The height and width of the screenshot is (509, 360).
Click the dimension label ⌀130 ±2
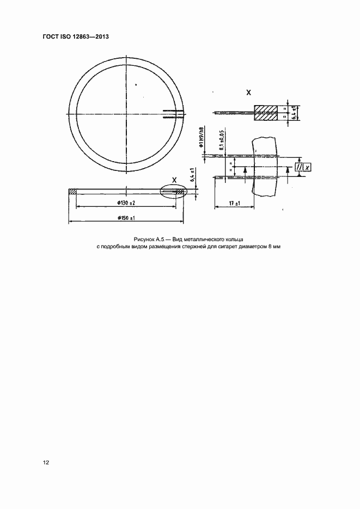click(125, 203)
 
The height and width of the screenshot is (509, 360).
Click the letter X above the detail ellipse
click(174, 180)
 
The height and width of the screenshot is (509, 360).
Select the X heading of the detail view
click(249, 93)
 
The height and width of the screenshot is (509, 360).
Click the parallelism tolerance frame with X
click(303, 167)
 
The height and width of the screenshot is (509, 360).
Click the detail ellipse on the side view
click(173, 192)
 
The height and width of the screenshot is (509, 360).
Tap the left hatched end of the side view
click(72, 191)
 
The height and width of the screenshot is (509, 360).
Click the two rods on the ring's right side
click(172, 114)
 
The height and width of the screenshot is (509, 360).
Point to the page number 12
click(46, 462)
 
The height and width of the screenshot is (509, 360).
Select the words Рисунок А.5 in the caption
click(147, 240)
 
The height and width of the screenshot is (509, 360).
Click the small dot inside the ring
click(137, 83)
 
